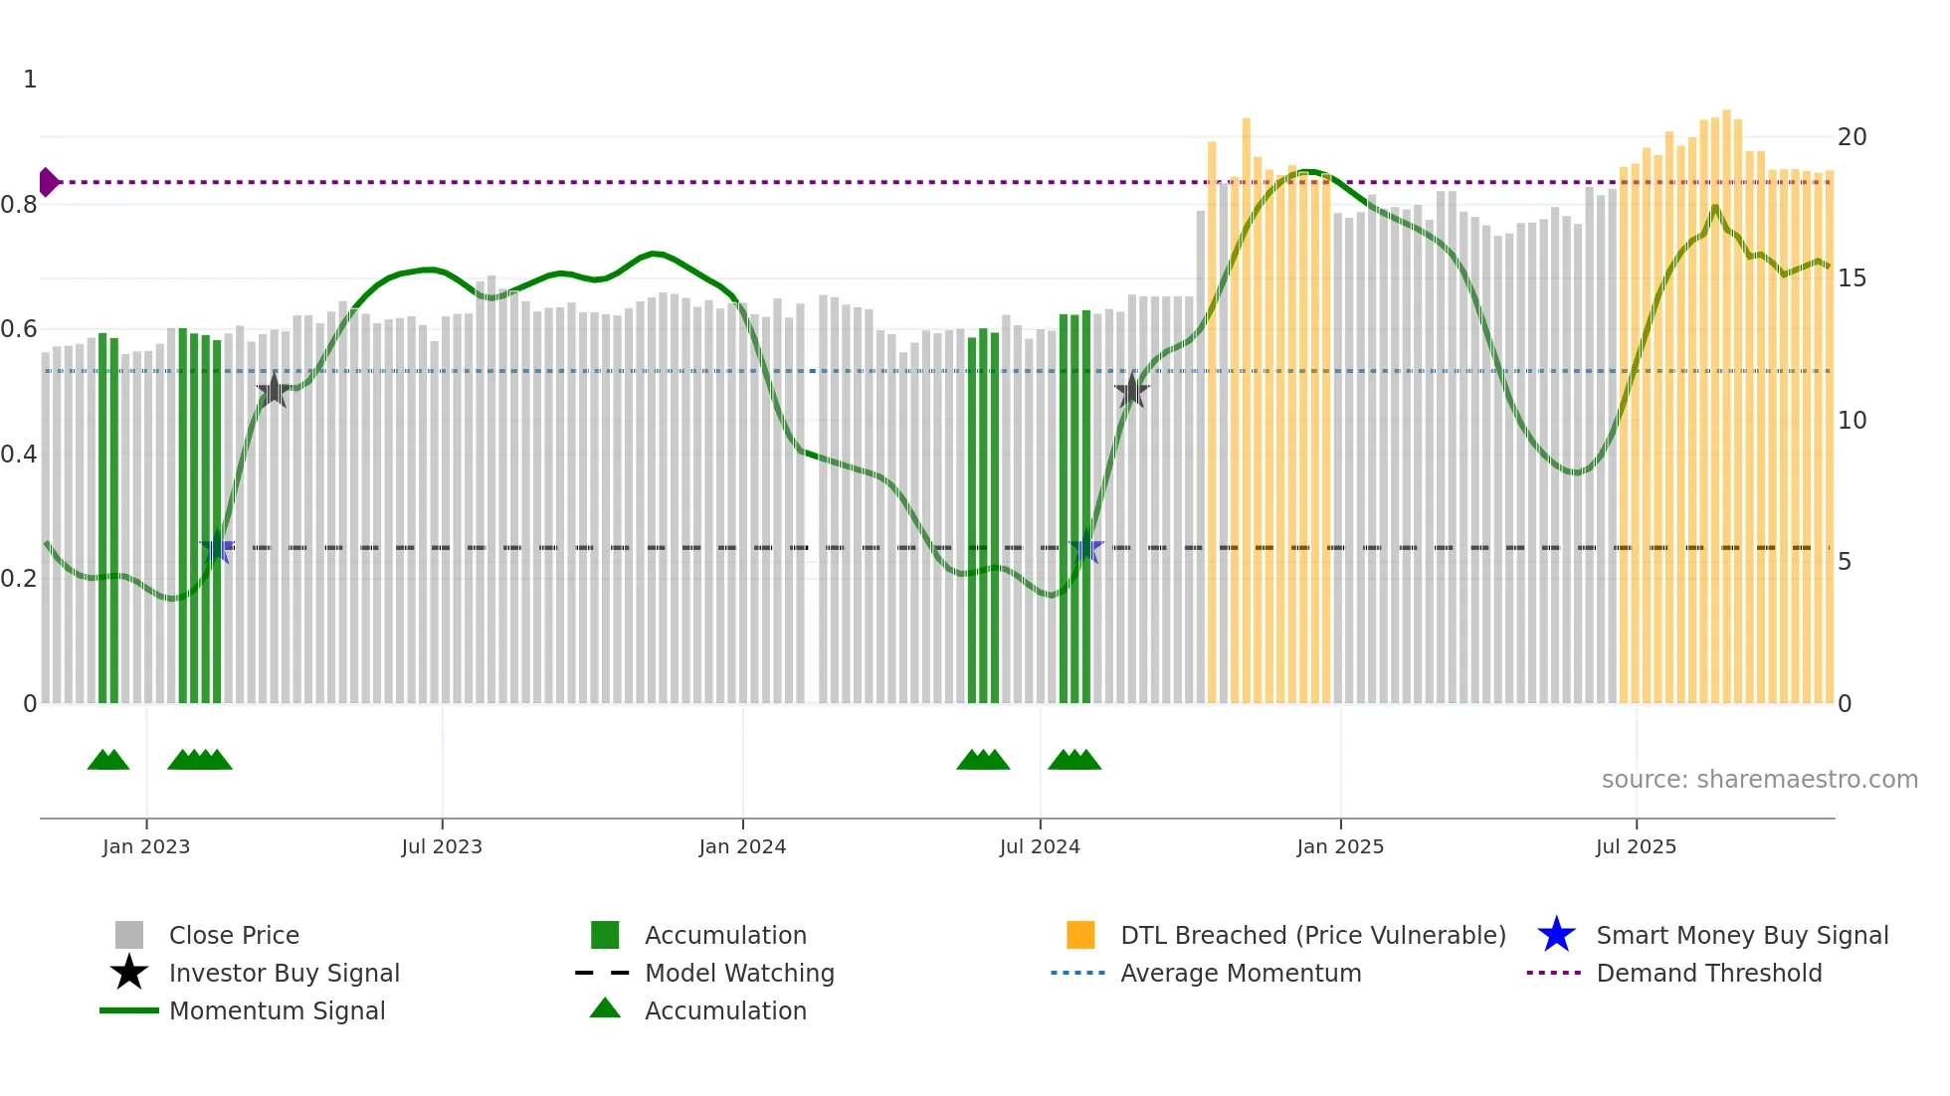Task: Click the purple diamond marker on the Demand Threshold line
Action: pyautogui.click(x=48, y=182)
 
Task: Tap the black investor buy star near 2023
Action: pyautogui.click(x=274, y=391)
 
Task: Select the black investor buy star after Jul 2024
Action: pyautogui.click(x=1131, y=391)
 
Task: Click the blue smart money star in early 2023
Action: pyautogui.click(x=217, y=548)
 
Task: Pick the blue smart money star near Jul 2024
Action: pyautogui.click(x=1085, y=548)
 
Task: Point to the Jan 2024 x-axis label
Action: pyautogui.click(x=742, y=847)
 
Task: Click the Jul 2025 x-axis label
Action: pyautogui.click(x=1636, y=847)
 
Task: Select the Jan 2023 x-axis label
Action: pyautogui.click(x=146, y=847)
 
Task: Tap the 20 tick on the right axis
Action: pyautogui.click(x=1852, y=137)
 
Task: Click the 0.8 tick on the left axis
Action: pyautogui.click(x=20, y=205)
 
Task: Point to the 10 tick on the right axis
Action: pyautogui.click(x=1852, y=421)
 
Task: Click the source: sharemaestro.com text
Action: pyautogui.click(x=1759, y=780)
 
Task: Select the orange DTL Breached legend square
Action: pyautogui.click(x=1080, y=935)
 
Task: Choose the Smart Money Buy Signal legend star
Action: pyautogui.click(x=1556, y=935)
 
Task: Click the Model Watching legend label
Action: pyautogui.click(x=739, y=974)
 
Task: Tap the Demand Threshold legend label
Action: pyautogui.click(x=1708, y=974)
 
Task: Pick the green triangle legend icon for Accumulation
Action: pyautogui.click(x=605, y=1008)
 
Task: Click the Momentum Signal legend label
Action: pyautogui.click(x=277, y=1011)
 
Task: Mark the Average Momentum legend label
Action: pyautogui.click(x=1241, y=974)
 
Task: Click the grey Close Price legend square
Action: pyautogui.click(x=129, y=935)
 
